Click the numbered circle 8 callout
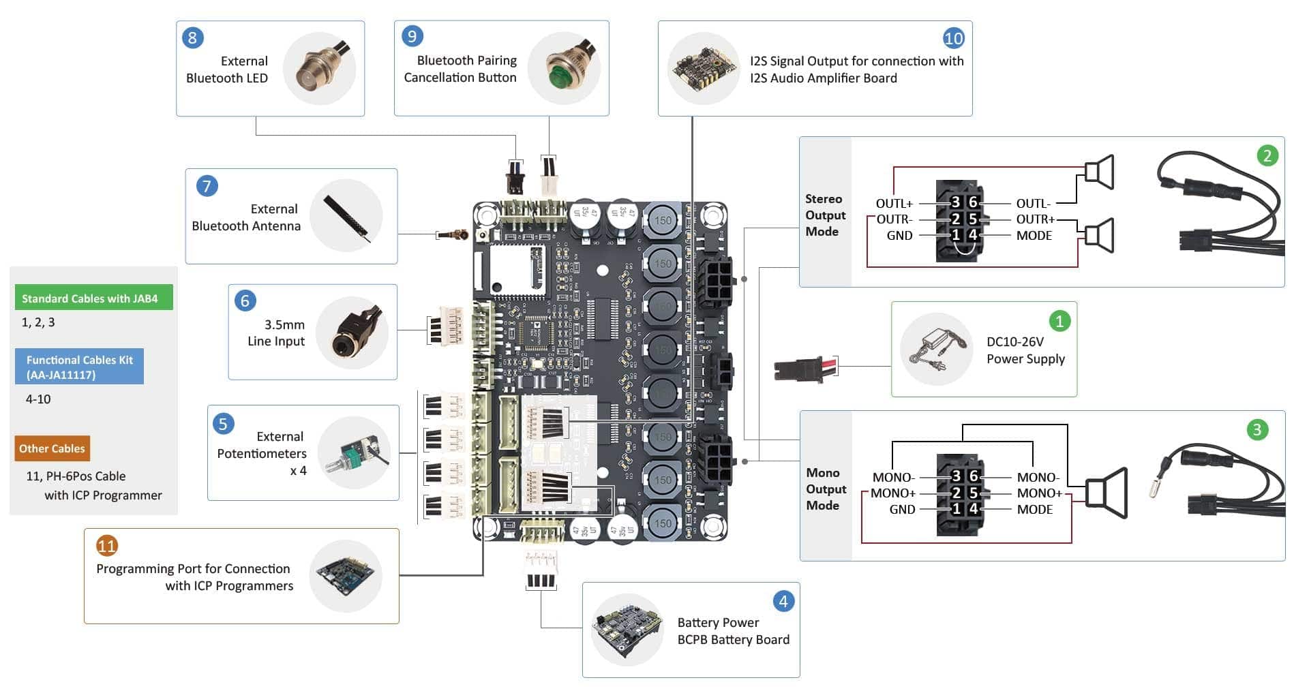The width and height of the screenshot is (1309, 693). pos(192,37)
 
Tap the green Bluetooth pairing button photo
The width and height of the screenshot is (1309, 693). pos(564,68)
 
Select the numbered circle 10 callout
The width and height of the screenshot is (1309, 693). pos(953,38)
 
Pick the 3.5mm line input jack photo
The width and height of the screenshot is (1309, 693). pos(352,333)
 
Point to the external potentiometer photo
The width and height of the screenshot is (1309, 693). pos(354,452)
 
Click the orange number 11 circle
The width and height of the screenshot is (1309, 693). pos(106,545)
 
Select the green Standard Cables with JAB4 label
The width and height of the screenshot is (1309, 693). pos(94,298)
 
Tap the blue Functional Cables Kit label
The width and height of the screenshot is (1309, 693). pos(79,367)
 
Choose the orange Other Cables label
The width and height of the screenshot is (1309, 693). pos(52,448)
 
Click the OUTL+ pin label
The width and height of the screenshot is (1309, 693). pos(894,204)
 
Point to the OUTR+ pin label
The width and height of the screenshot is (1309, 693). pos(1035,219)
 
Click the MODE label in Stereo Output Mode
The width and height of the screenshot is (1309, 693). pos(1034,236)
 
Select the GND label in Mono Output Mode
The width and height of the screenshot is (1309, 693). pos(902,510)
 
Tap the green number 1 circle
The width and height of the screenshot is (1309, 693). pos(1059,321)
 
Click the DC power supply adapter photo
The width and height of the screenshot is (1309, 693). pos(936,349)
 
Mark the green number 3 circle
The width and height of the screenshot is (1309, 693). pos(1257,429)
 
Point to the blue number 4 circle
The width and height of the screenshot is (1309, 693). pos(783,601)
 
